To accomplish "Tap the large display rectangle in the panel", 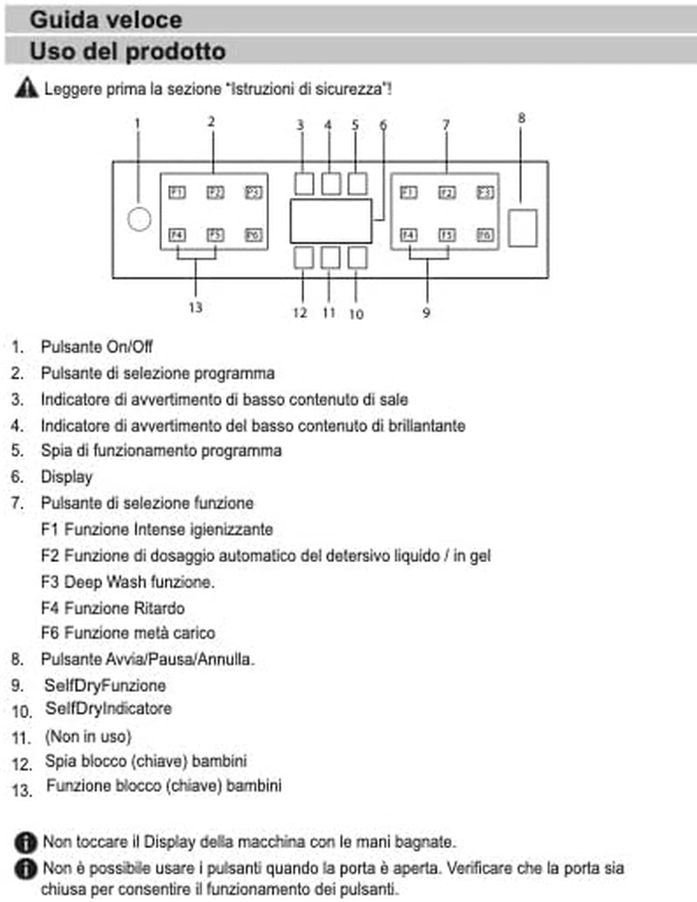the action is pos(331,221).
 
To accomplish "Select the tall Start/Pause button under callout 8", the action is pos(523,227).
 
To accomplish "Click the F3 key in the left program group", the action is pos(254,192).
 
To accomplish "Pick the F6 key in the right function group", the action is pos(484,234).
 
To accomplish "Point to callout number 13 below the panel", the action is pos(195,308).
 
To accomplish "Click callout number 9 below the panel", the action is pos(426,313).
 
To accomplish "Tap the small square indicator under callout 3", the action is pos(304,184).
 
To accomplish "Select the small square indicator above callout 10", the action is pos(357,258).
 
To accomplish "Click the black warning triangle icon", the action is pos(26,88).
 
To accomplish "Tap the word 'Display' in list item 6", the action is pos(67,477).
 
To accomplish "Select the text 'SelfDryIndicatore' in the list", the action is pos(109,709).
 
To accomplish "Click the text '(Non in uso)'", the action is pos(88,736).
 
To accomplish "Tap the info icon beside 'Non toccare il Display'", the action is pos(25,842).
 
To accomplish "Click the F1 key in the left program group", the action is pos(177,192).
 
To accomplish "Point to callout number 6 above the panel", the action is pos(383,125).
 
